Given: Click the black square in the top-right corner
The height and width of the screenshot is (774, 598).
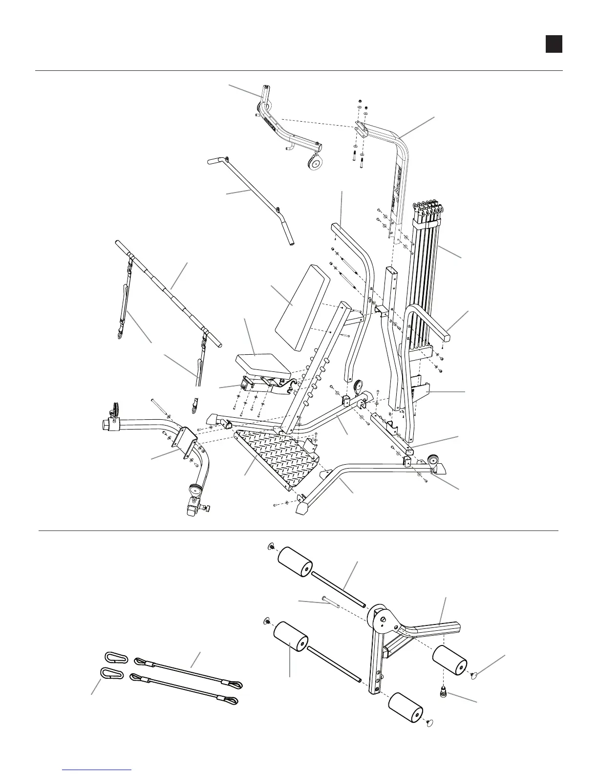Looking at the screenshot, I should coord(554,44).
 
